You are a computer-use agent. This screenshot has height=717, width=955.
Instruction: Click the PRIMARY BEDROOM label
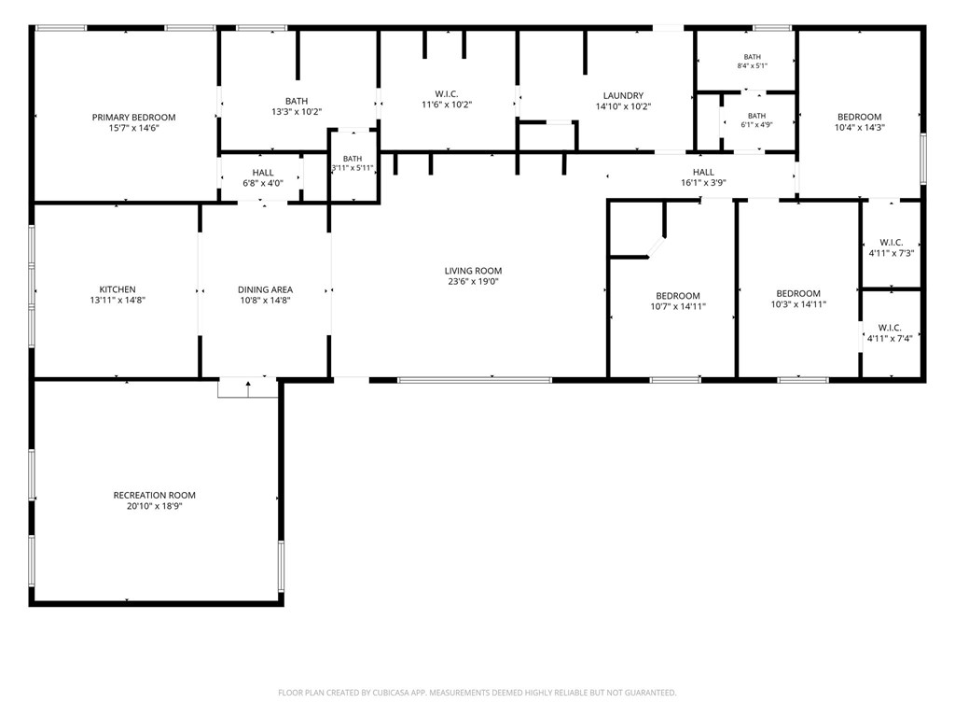point(134,117)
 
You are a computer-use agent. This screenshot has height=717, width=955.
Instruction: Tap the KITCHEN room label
point(118,289)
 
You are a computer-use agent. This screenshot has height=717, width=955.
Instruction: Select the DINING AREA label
point(265,289)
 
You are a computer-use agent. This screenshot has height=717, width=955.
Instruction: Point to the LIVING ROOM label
point(473,271)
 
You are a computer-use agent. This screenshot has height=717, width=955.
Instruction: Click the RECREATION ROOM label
point(155,495)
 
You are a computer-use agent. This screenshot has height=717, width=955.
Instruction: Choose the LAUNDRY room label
point(623,96)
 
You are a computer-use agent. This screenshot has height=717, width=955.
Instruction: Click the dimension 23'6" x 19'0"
point(473,282)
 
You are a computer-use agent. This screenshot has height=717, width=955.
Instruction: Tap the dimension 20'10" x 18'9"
point(155,506)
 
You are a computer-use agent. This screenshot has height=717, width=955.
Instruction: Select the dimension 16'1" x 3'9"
point(703,183)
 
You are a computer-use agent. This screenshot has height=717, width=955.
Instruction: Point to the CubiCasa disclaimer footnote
point(477,693)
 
